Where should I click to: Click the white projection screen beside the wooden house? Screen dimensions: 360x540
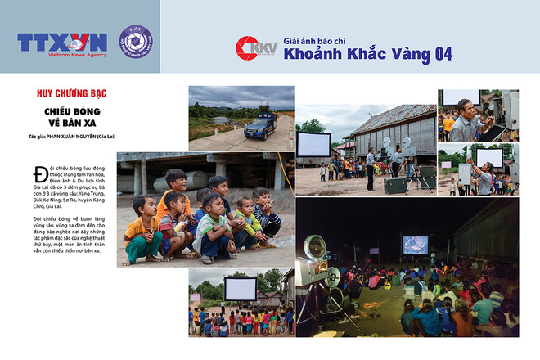coord(314,144)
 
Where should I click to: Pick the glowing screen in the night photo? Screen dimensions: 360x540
coord(414,245)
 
